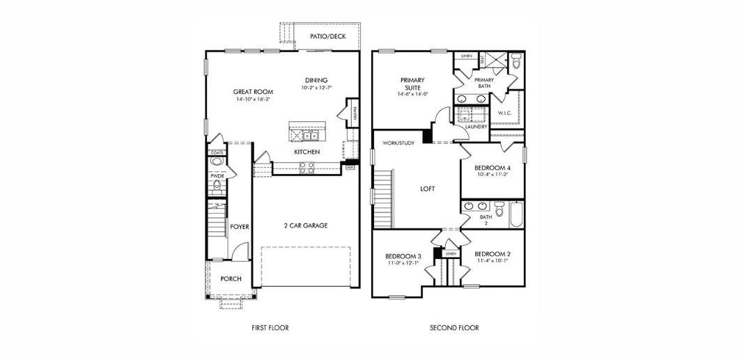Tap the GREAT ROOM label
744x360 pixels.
click(253, 92)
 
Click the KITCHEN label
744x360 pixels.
click(307, 152)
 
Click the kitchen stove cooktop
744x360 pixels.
click(307, 167)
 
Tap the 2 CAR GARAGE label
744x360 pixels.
click(305, 226)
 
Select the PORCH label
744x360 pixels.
click(231, 279)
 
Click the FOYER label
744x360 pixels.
click(240, 227)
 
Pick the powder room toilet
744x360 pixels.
click(217, 162)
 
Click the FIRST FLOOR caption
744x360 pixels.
click(270, 327)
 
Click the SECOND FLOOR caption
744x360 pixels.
click(454, 327)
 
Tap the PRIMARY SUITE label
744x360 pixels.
click(412, 84)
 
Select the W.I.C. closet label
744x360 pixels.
click(505, 113)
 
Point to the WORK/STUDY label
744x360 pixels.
click(398, 143)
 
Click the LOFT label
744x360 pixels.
click(428, 189)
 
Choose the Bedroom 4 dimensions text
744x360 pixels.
click(492, 175)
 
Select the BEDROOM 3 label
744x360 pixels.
click(403, 256)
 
